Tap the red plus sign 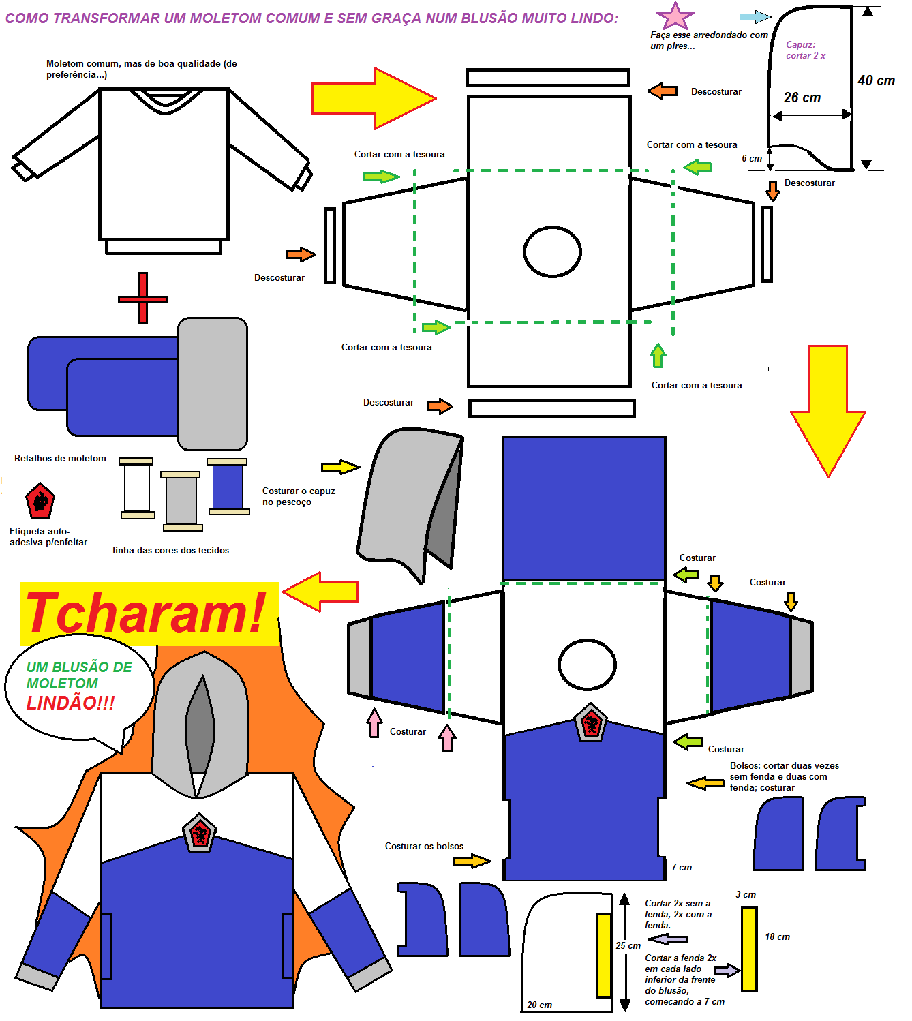(x=142, y=298)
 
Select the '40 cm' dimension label (x=877, y=80)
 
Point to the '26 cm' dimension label (x=802, y=97)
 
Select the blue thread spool (x=228, y=486)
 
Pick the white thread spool (x=137, y=488)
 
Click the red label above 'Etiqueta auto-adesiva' (x=40, y=501)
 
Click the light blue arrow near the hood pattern (x=755, y=17)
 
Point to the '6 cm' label (x=752, y=158)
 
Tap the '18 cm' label (x=777, y=936)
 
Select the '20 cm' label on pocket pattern (x=539, y=1005)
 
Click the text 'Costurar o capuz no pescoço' (x=299, y=496)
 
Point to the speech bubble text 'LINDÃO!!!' (x=70, y=703)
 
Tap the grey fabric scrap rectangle (x=213, y=384)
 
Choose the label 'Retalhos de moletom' (x=60, y=458)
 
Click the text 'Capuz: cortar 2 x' (x=806, y=50)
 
